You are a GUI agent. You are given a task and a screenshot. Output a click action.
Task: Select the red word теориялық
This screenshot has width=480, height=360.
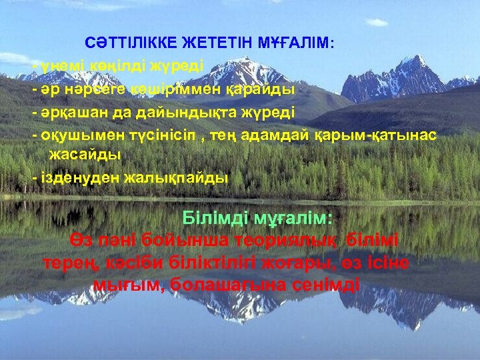pyautogui.click(x=283, y=240)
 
